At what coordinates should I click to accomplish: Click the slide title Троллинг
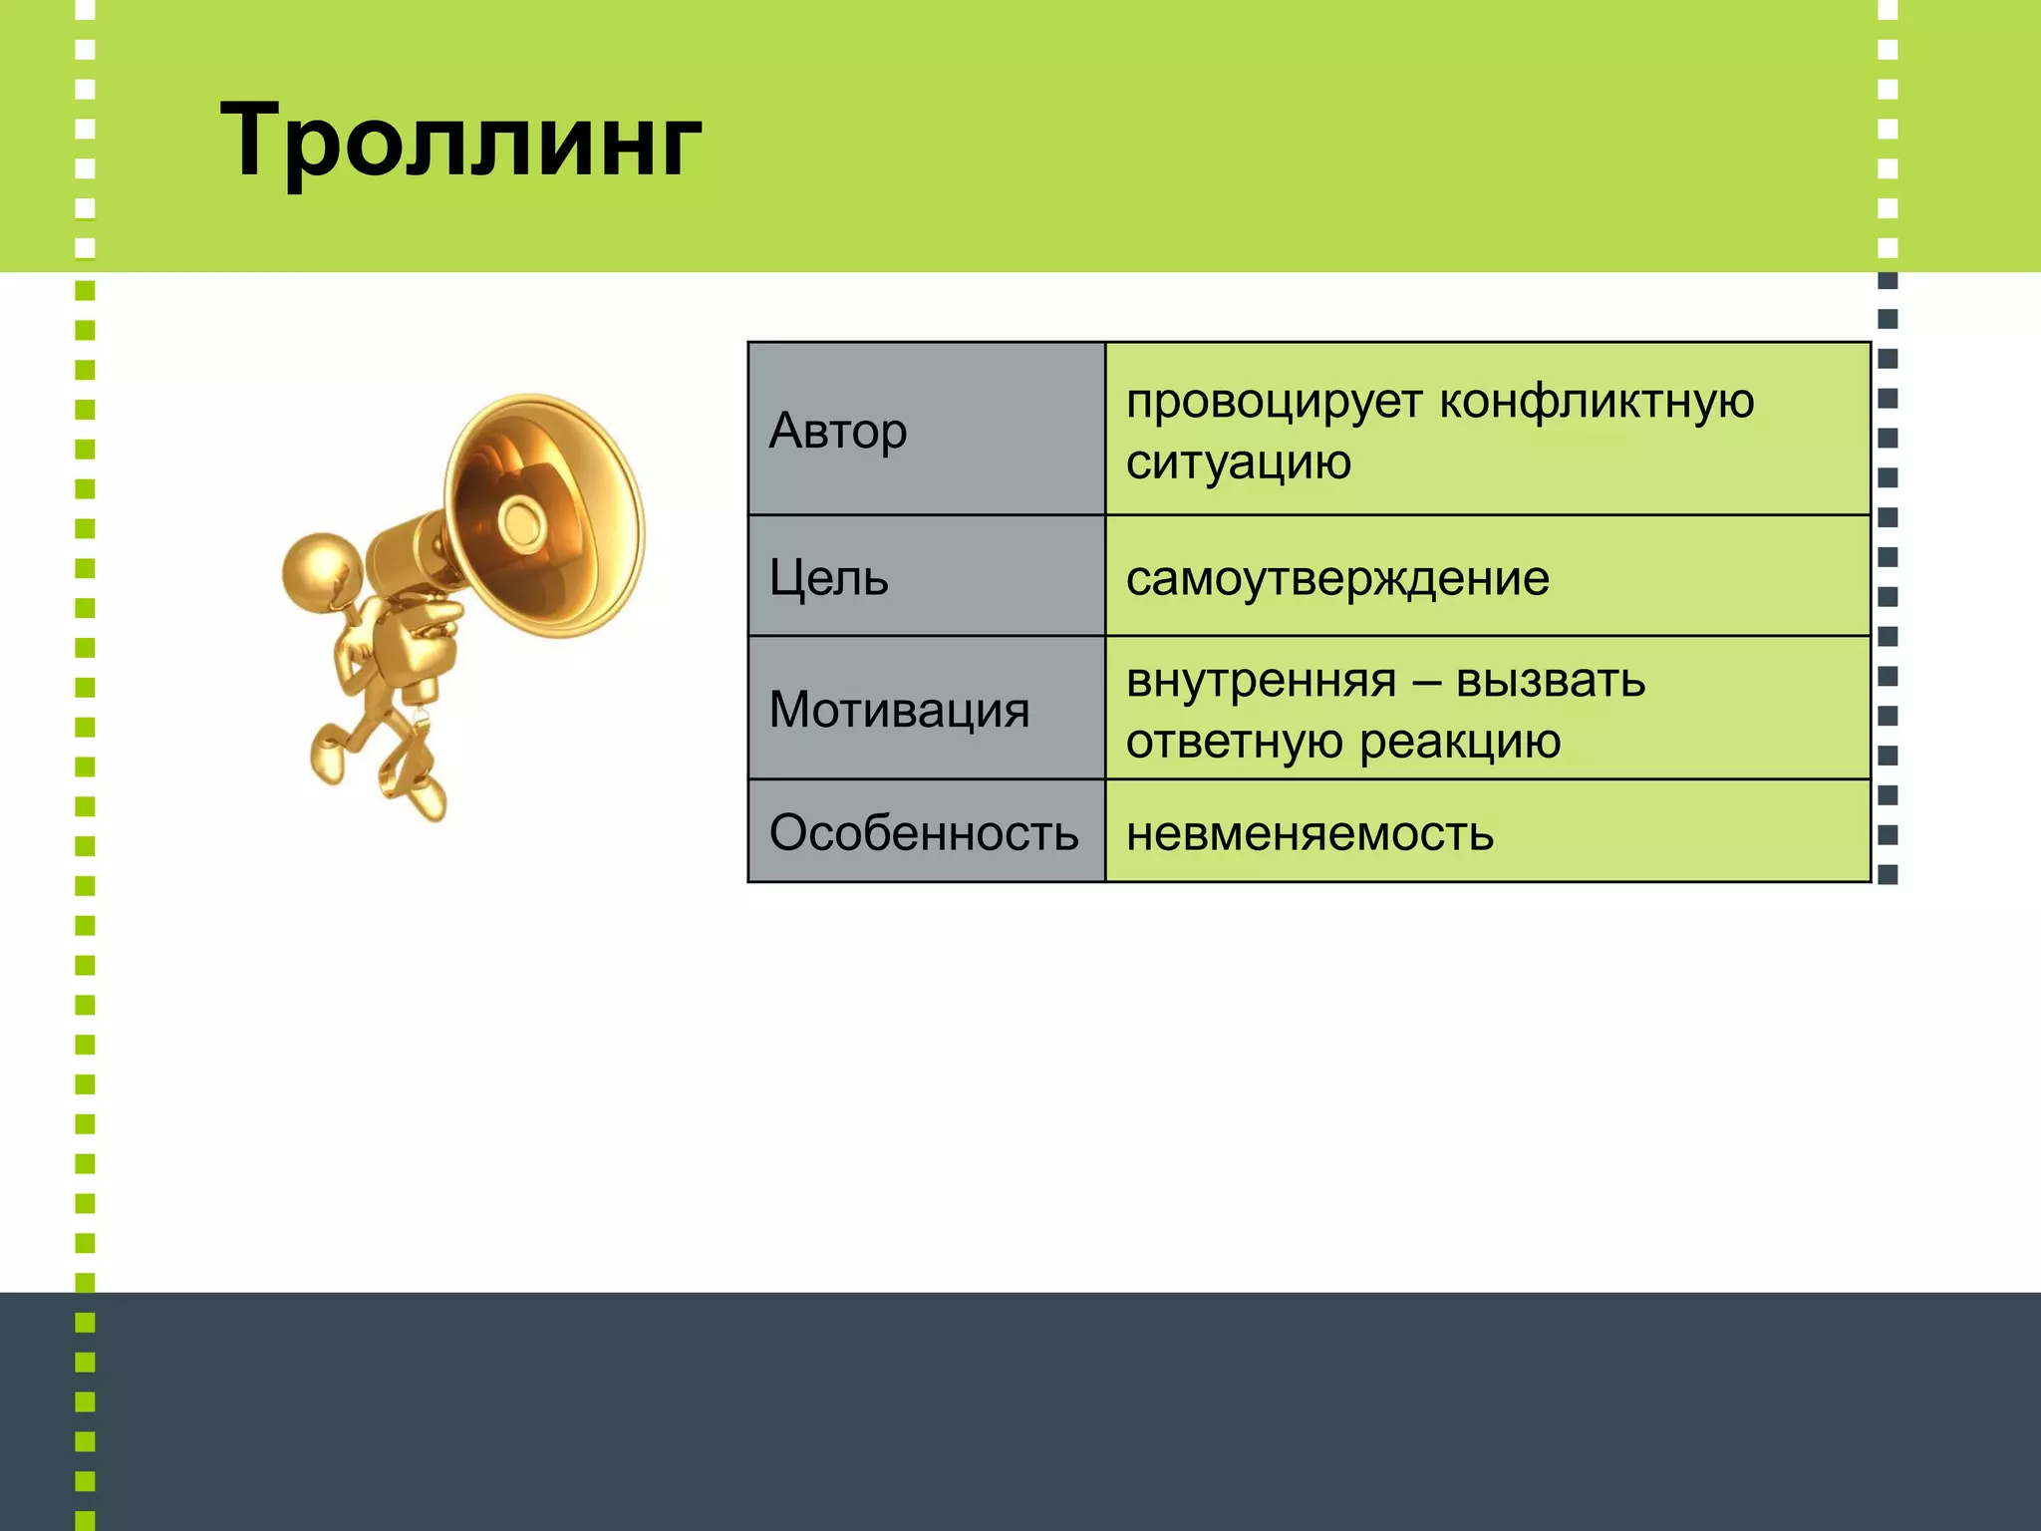(460, 142)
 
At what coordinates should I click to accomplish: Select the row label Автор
(838, 432)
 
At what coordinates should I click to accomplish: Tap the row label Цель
(828, 577)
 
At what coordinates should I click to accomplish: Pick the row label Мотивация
(899, 710)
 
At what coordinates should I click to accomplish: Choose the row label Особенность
(924, 832)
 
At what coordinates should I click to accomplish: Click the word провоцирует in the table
(1274, 402)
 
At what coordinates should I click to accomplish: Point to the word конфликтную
(1597, 402)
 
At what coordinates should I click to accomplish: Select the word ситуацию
(1238, 462)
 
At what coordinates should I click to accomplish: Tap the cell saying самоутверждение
(1337, 578)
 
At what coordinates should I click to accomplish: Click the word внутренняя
(1262, 681)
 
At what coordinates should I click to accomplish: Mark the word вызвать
(1550, 681)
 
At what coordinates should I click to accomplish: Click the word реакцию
(1460, 742)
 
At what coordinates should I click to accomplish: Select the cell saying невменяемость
(1310, 833)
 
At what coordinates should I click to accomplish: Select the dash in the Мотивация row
(1426, 683)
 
